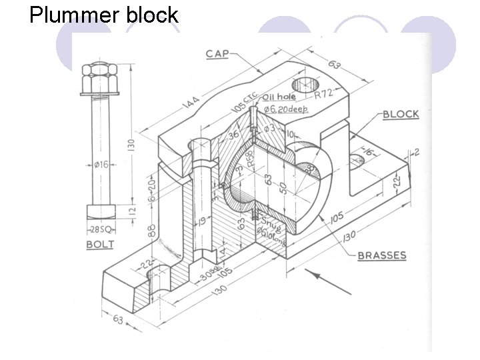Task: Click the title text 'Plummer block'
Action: (x=103, y=15)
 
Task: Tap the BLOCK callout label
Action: (x=400, y=114)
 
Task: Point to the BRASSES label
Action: (x=382, y=255)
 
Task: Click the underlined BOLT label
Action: (x=100, y=245)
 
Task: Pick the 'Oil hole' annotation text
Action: (x=279, y=97)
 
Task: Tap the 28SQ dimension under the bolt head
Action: (x=101, y=230)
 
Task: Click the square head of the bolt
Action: (x=101, y=211)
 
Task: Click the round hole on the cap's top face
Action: (x=306, y=85)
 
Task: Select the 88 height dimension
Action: (x=153, y=230)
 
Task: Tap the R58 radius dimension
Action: (x=251, y=159)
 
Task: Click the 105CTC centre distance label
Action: (x=247, y=102)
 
